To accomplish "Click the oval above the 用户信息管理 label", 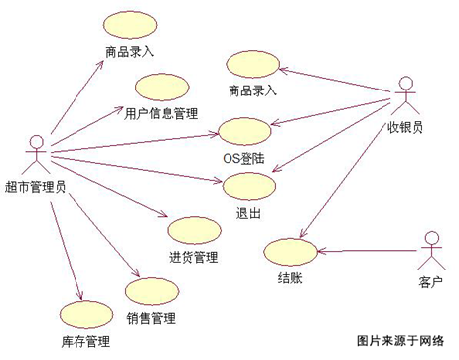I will point(160,88).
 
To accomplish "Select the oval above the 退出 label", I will point(246,186).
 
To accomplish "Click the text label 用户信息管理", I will point(161,113).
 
